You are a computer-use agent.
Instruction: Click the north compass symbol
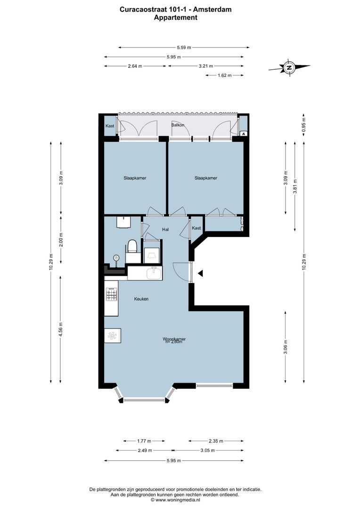coord(289,67)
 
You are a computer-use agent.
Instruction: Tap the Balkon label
coord(178,125)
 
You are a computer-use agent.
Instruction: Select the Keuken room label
coord(141,299)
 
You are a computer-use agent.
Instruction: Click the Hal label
coord(165,230)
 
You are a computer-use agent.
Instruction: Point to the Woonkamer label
coord(174,339)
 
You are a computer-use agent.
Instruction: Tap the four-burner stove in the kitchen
coord(111,295)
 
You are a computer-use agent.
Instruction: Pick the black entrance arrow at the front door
coord(200,273)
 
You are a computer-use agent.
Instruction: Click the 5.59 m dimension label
coord(184,47)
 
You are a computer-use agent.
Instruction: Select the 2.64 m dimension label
coord(135,66)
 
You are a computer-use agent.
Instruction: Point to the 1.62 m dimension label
coord(224,75)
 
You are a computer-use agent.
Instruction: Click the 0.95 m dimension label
coord(304,123)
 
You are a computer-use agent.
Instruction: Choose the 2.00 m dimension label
coord(60,240)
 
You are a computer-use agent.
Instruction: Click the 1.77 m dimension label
coord(144,441)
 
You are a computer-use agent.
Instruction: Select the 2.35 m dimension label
coord(216,441)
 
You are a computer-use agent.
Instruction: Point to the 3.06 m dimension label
coord(286,346)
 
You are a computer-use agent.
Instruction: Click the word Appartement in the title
coord(175,17)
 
